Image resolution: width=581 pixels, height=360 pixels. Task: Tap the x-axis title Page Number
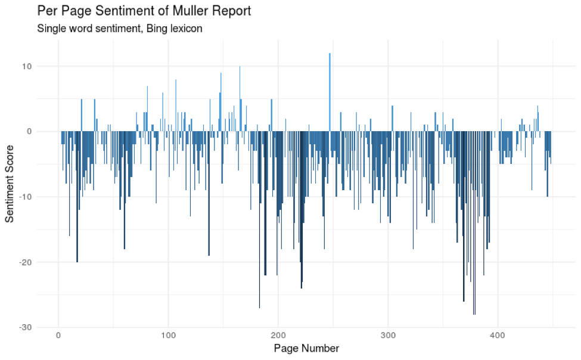point(306,348)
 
